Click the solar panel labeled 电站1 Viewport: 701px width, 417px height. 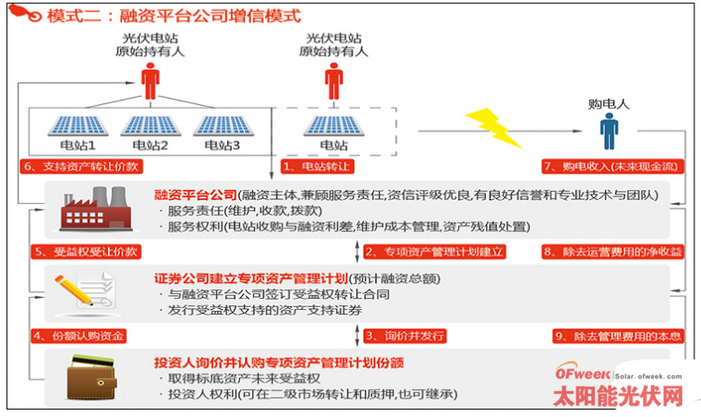pos(77,127)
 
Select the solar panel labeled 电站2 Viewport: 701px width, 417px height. pos(148,127)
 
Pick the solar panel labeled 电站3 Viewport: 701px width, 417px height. pos(220,127)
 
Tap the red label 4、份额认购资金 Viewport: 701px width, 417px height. pos(78,335)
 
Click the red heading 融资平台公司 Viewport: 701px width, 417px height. pos(195,195)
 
